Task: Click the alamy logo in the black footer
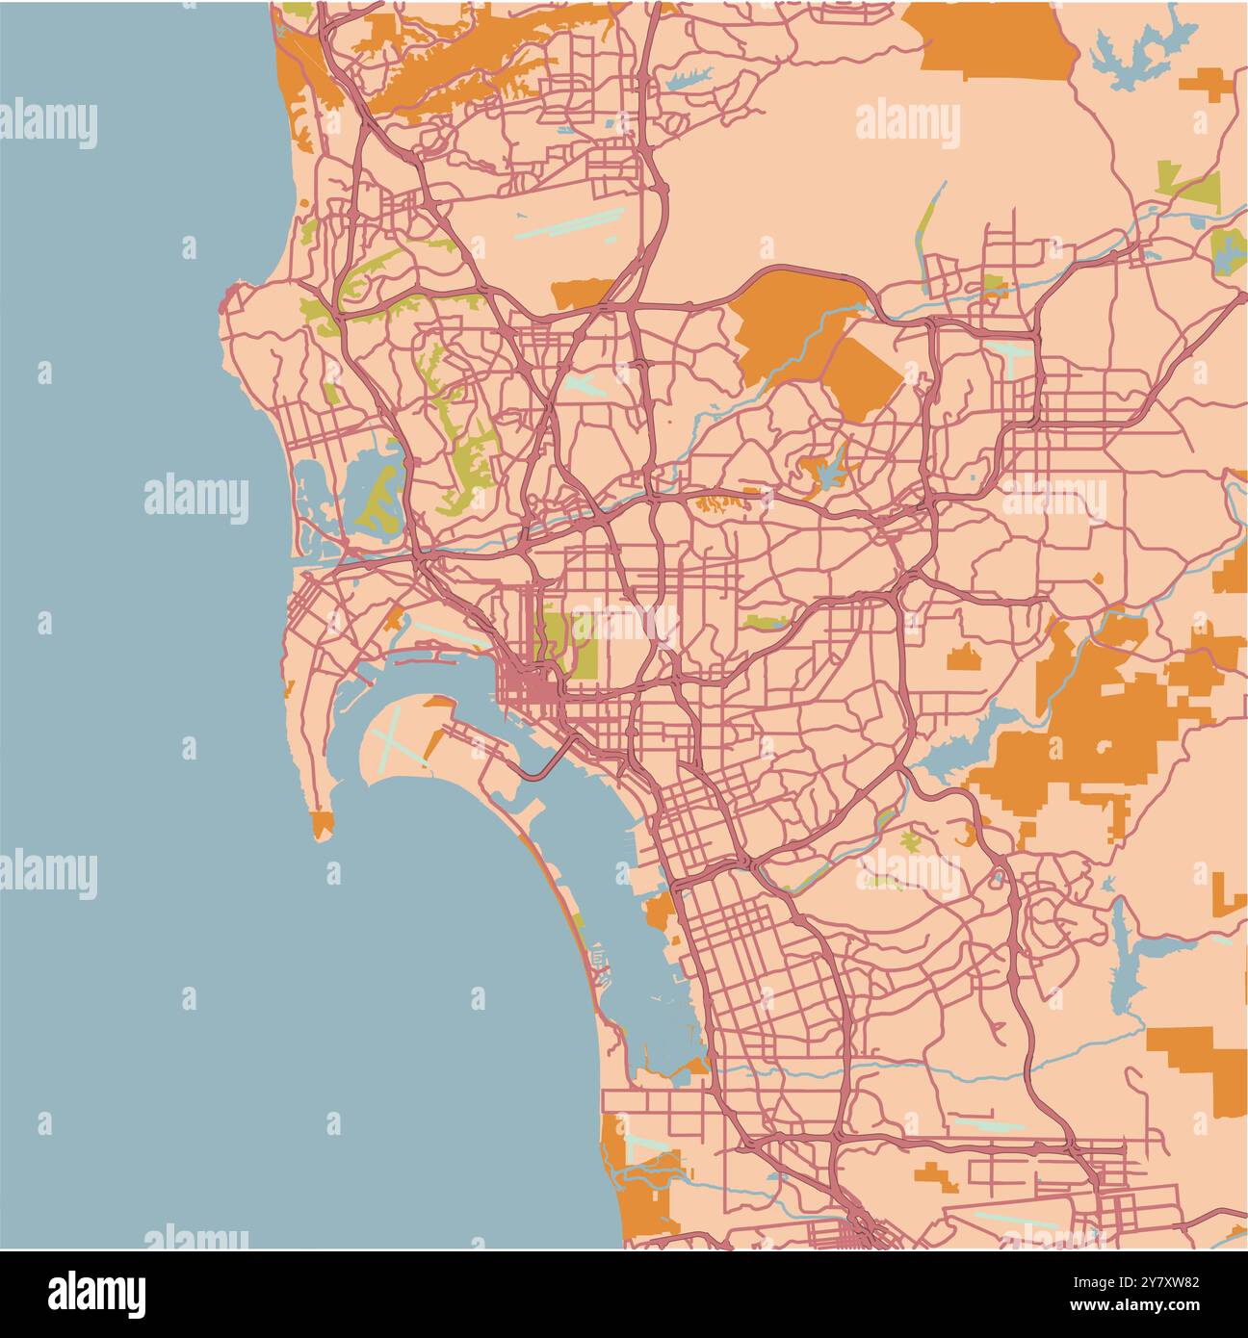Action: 96,1292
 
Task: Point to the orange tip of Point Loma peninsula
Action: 322,824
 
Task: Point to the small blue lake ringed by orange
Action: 825,472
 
